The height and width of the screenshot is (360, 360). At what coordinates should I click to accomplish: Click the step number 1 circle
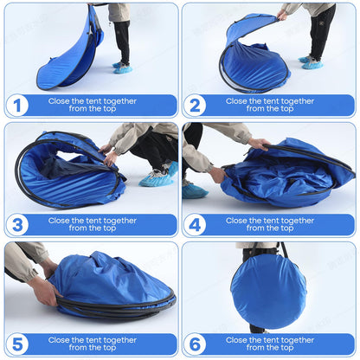point(17,106)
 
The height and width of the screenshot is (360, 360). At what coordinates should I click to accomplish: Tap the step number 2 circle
point(195,106)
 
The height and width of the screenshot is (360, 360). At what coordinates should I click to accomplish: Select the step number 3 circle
point(17,225)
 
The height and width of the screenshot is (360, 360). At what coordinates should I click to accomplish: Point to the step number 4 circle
point(195,225)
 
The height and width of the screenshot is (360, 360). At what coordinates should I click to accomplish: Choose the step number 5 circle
point(17,344)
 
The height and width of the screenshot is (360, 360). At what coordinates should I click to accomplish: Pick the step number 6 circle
point(195,344)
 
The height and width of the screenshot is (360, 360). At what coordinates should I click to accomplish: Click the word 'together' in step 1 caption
point(120,101)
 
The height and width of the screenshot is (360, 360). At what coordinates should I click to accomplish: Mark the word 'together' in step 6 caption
point(298,340)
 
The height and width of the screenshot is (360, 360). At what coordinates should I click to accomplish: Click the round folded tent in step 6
point(268,292)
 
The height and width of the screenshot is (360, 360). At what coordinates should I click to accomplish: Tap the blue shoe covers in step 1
point(122,67)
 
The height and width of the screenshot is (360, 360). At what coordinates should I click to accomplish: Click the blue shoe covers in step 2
point(311,62)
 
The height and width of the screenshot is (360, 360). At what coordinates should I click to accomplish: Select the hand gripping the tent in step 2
point(282,15)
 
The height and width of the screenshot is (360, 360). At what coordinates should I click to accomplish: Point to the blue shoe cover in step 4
point(194,190)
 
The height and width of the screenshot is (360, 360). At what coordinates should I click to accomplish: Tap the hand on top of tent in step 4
point(259,144)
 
